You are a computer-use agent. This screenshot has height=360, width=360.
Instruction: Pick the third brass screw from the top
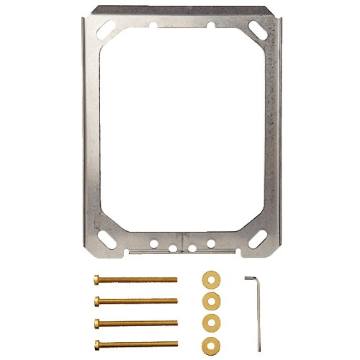coord(135,321)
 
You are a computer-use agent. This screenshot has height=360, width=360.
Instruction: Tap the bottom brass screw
coord(135,342)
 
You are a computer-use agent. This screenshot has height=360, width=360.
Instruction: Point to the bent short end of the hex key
coord(250,276)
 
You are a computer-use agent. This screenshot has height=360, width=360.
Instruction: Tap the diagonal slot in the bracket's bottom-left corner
coord(104,234)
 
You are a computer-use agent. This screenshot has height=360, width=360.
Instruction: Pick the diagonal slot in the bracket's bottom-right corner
coord(256,234)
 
